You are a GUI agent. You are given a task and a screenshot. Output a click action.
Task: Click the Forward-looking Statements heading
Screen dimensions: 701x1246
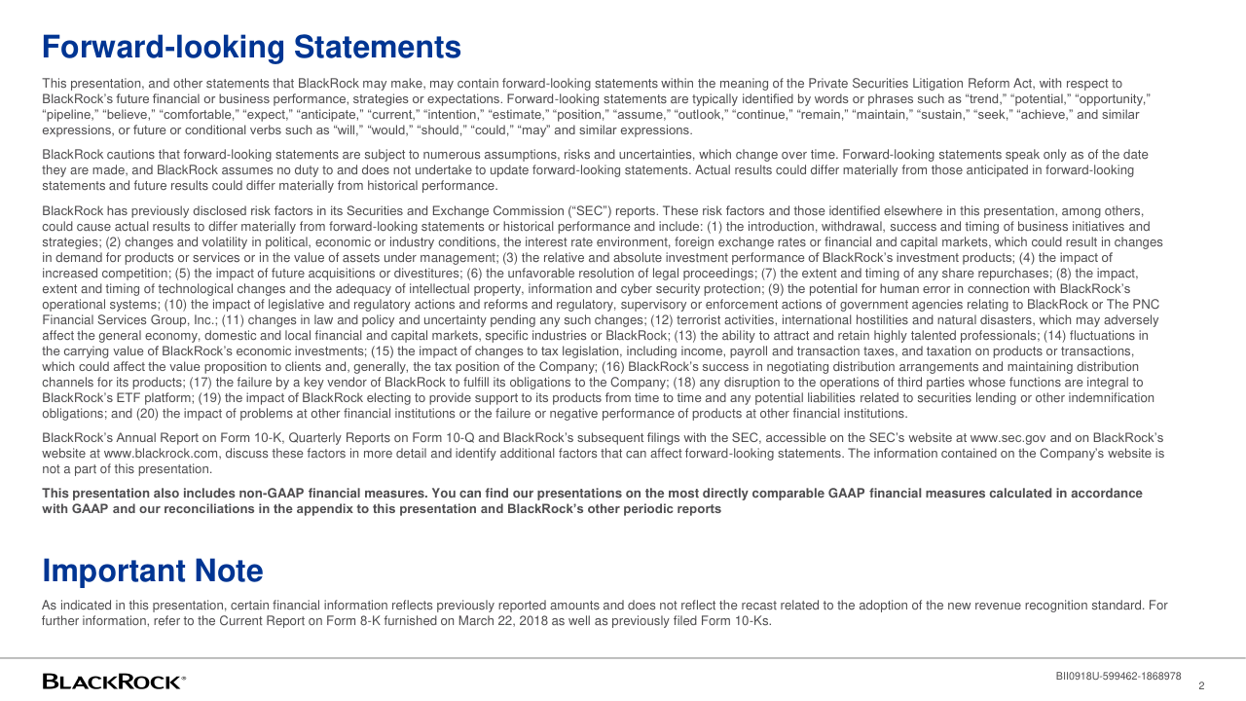point(251,47)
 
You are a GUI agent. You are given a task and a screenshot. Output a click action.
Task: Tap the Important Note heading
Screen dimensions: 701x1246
point(153,571)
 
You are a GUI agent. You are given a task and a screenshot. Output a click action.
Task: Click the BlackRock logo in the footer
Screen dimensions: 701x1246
point(114,682)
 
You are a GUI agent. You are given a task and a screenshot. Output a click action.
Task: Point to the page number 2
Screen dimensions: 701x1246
point(1201,685)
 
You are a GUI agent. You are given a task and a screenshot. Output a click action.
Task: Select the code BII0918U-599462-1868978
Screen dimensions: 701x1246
point(1118,676)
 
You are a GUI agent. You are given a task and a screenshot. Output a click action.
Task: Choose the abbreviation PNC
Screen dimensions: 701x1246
point(1145,304)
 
